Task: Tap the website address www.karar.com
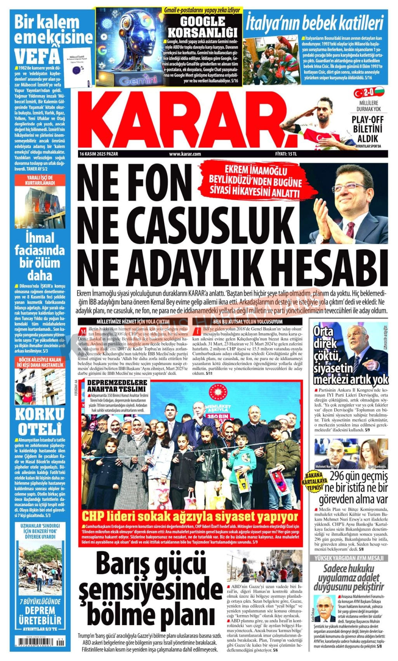point(185,154)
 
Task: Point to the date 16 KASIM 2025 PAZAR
point(99,154)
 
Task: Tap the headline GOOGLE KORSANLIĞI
point(202,26)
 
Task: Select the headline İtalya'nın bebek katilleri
point(315,23)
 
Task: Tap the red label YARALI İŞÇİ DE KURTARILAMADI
point(39,180)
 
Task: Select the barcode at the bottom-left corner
point(38,643)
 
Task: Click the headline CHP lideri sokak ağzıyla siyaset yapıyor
point(190,517)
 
